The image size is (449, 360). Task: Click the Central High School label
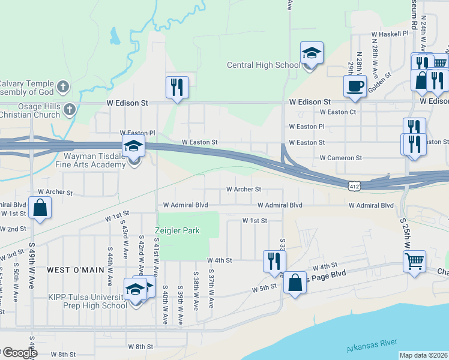[x=263, y=65]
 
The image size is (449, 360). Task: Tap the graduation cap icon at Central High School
[x=312, y=53]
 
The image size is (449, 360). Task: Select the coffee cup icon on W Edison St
[x=355, y=86]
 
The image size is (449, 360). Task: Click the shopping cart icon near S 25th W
[x=415, y=262]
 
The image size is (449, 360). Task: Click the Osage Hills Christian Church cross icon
[x=70, y=110]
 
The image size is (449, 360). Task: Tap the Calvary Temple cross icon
[x=63, y=88]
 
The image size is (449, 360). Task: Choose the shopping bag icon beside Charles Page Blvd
[x=295, y=283]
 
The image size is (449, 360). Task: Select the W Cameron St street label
[x=341, y=158]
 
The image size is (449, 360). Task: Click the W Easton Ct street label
[x=338, y=112]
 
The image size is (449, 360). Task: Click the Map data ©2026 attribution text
[x=423, y=355]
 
